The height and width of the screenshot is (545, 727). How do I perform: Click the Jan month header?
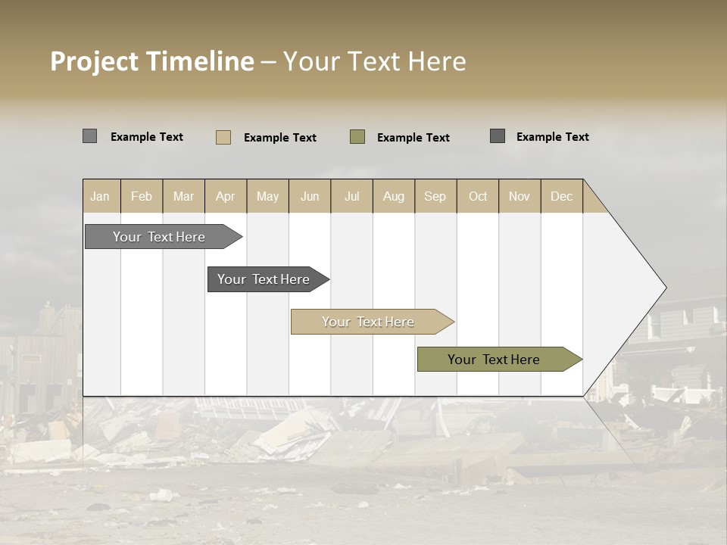pos(101,196)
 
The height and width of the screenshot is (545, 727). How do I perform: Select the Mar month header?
pos(183,196)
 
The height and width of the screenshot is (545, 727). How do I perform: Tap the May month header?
pos(267,196)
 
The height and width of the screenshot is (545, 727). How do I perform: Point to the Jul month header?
pos(351,196)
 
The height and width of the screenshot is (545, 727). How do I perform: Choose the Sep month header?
pos(435,196)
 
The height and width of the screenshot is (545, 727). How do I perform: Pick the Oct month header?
pos(478,196)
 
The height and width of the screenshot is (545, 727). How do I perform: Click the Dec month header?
pos(561,196)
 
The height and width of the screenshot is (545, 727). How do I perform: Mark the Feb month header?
pos(142,196)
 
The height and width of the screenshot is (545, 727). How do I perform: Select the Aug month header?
pos(393,196)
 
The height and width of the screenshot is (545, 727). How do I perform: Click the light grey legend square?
pos(89,136)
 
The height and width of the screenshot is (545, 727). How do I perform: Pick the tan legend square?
pos(223,137)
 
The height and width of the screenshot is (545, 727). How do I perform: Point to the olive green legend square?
pos(357,137)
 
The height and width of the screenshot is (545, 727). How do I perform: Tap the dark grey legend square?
pos(497,136)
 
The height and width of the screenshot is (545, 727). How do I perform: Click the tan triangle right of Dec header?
pos(593,201)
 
